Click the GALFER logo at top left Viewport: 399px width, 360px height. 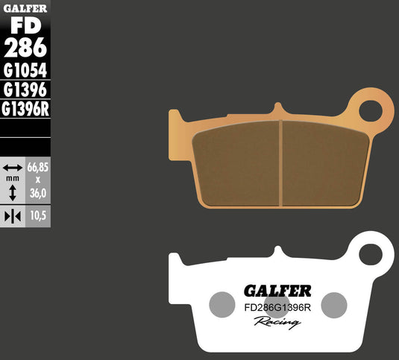coord(25,7)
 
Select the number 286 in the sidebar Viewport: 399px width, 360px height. coord(25,48)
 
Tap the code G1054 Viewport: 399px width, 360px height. coord(25,72)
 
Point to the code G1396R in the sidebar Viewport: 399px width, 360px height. coord(25,109)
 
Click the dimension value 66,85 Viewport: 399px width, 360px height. coord(38,168)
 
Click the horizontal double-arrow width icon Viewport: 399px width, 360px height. coord(12,168)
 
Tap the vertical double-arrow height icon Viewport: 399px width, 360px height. coord(12,193)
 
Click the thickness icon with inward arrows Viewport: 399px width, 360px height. coord(12,215)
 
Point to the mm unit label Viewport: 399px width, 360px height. coord(12,180)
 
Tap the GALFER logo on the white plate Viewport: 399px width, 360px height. coord(277,290)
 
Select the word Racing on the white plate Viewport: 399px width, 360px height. coord(277,321)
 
